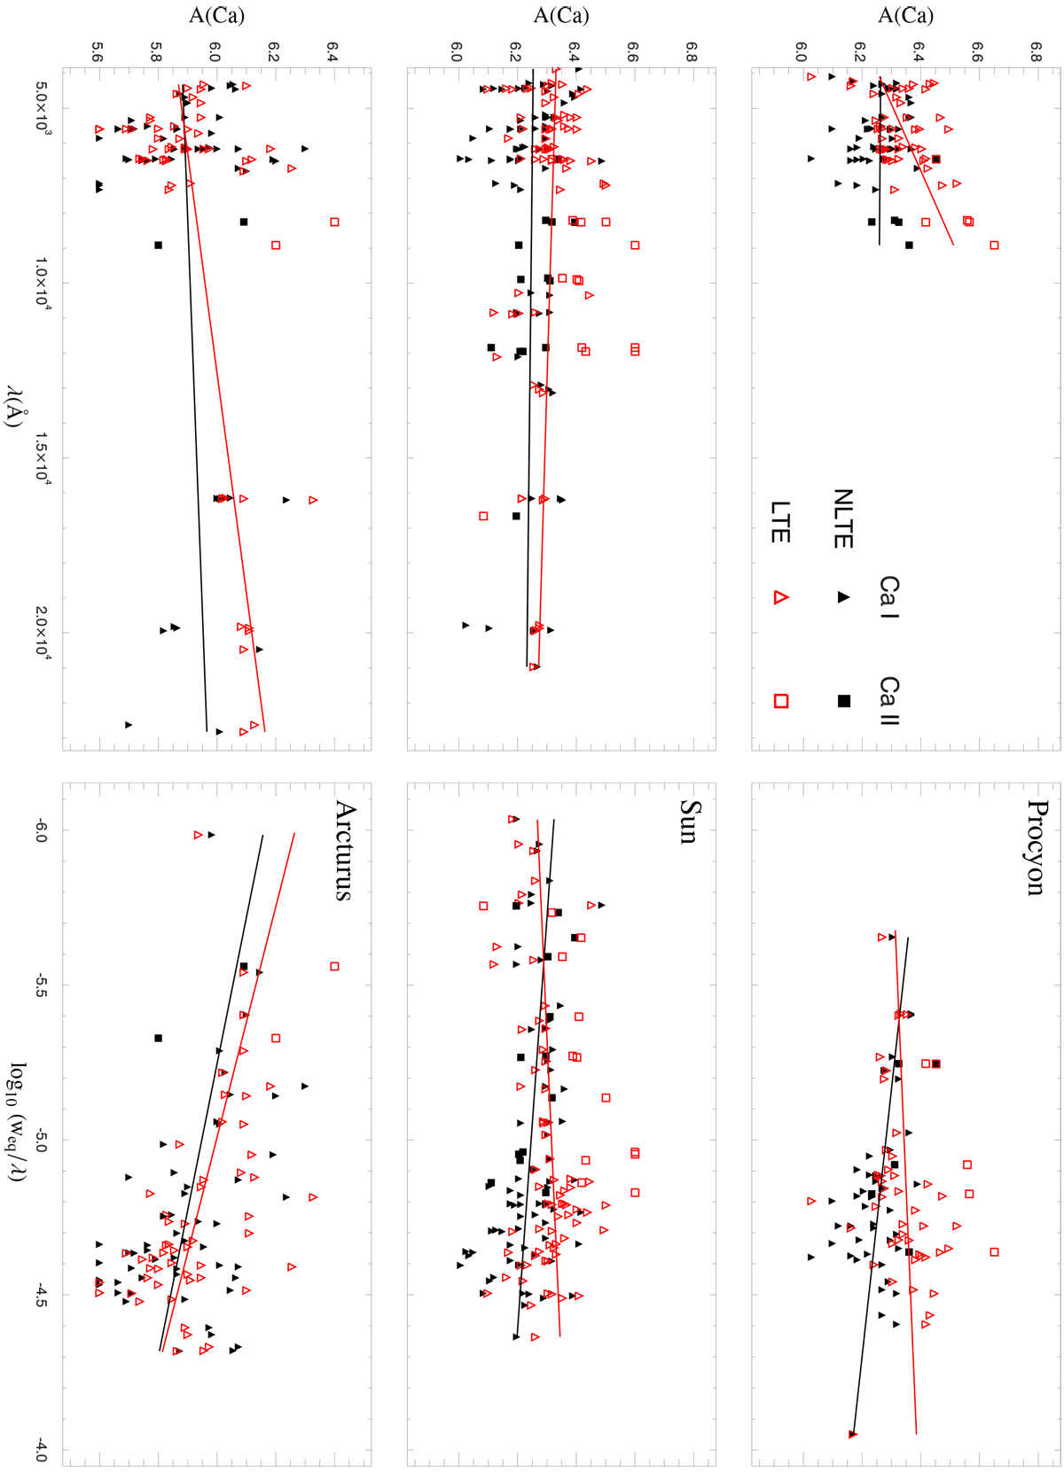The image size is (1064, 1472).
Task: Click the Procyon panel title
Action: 1037,847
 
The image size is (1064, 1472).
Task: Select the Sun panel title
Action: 691,821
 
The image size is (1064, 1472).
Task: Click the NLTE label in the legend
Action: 843,518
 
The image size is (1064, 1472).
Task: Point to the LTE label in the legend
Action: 780,521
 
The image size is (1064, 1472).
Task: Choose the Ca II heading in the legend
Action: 889,700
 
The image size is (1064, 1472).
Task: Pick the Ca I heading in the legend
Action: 889,597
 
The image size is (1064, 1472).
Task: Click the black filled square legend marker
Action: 844,701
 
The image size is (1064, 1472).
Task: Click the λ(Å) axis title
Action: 13,406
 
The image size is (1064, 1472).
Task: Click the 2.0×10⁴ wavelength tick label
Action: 42,632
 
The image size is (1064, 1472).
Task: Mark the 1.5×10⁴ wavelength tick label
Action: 42,457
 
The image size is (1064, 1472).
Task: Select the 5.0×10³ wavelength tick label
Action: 42,108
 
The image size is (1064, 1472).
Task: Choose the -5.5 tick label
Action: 42,985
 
